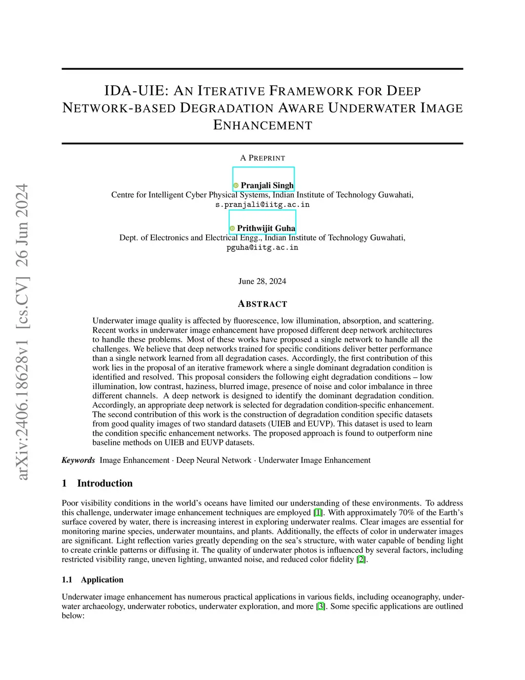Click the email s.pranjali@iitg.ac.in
pyautogui.click(x=262, y=205)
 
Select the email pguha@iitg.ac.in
pyautogui.click(x=262, y=247)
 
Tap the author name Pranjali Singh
pyautogui.click(x=267, y=185)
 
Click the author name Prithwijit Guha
pyautogui.click(x=266, y=228)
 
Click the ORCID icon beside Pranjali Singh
pyautogui.click(x=236, y=186)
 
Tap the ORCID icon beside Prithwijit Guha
pyautogui.click(x=232, y=228)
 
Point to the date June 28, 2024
pyautogui.click(x=262, y=281)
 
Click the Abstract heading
pyautogui.click(x=262, y=304)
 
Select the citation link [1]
pyautogui.click(x=318, y=513)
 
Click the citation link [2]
pyautogui.click(x=361, y=559)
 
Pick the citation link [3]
pyautogui.click(x=320, y=606)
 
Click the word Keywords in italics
pyautogui.click(x=78, y=460)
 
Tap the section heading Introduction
pyautogui.click(x=105, y=483)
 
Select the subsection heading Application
pyautogui.click(x=102, y=580)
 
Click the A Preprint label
pyautogui.click(x=262, y=158)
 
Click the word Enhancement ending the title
pyautogui.click(x=262, y=125)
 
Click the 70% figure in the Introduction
pyautogui.click(x=405, y=513)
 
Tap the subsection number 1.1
pyautogui.click(x=67, y=580)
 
